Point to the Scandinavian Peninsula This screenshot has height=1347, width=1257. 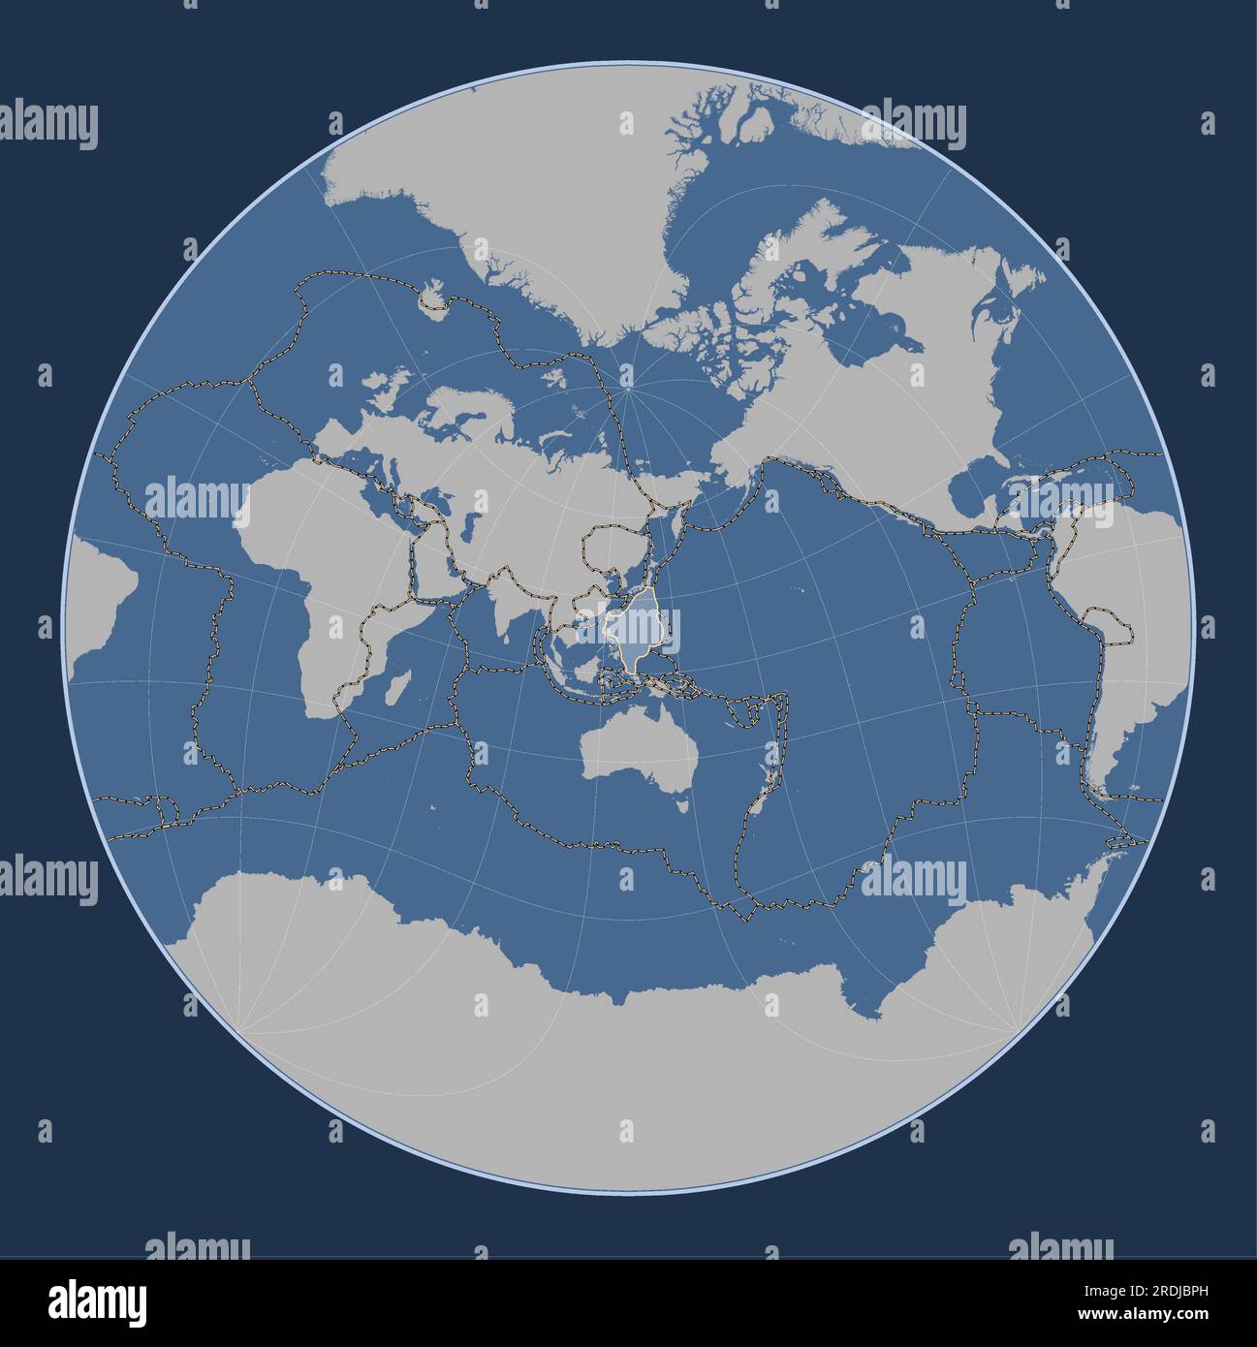tap(456, 407)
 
